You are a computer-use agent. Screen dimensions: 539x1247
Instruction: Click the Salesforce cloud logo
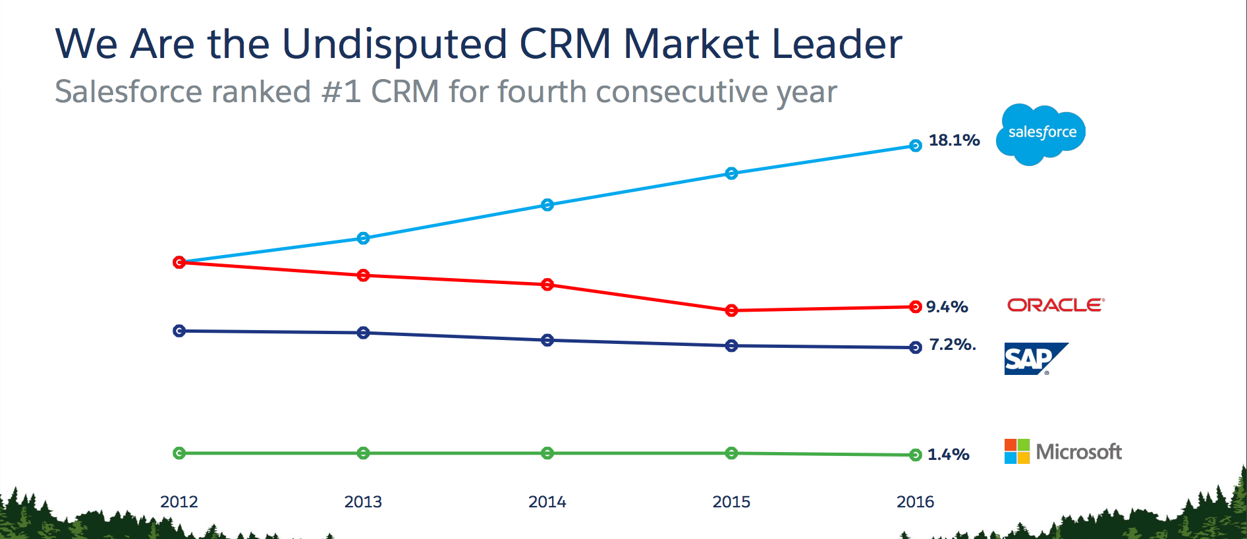click(x=1041, y=134)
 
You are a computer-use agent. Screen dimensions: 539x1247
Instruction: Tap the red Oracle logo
click(x=1055, y=305)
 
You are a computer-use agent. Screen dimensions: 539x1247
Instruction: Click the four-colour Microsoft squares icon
click(x=1016, y=451)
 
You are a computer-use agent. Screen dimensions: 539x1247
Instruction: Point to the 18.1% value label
click(x=954, y=140)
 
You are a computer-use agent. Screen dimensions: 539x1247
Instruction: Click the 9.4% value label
click(x=947, y=307)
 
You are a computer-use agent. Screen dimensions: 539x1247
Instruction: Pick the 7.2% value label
click(x=952, y=345)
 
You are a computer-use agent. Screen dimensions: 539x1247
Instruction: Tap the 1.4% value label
click(x=948, y=455)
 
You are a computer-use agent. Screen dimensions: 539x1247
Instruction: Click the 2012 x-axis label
click(x=179, y=502)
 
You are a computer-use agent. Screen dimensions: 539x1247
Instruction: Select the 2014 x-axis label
click(x=547, y=502)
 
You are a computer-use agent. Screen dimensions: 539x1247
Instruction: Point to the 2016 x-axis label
click(x=915, y=502)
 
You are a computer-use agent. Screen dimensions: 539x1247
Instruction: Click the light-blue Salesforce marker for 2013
click(x=363, y=238)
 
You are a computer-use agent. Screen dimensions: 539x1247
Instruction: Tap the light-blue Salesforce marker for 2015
click(x=731, y=173)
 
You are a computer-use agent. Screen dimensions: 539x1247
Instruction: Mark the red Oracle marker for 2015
click(x=731, y=310)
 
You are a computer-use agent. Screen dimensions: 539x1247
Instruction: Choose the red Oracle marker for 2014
click(x=547, y=285)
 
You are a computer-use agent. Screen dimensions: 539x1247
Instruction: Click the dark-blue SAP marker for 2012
click(x=179, y=331)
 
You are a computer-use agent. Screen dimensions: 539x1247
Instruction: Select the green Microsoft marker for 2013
click(x=363, y=453)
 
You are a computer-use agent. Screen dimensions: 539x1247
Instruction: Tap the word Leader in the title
click(x=836, y=45)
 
